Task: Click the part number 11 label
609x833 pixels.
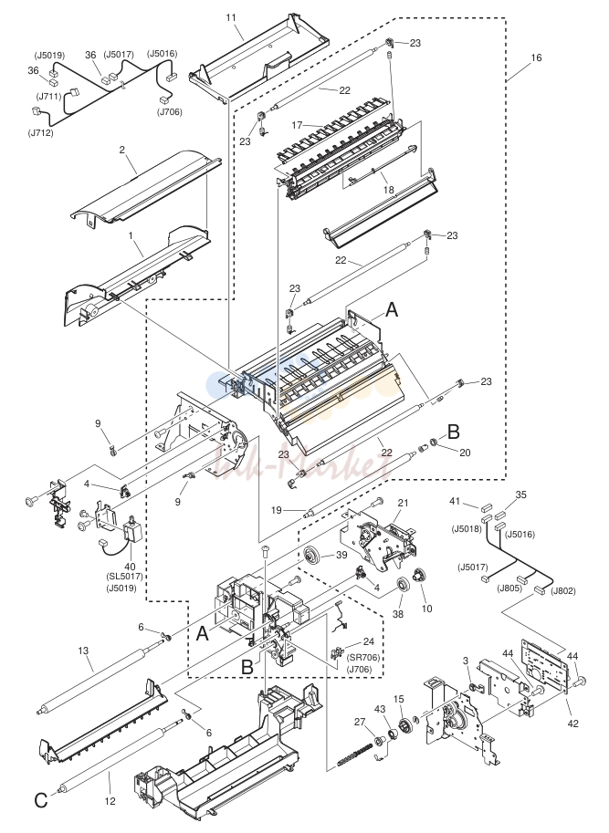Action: coord(231,17)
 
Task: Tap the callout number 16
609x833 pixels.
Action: coord(537,57)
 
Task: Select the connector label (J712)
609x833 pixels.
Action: coord(41,133)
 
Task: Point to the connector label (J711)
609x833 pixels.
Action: coord(49,96)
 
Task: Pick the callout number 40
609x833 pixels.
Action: coord(130,567)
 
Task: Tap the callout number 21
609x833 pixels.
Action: coord(403,503)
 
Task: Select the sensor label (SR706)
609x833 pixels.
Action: coord(364,658)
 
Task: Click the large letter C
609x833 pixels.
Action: coord(41,800)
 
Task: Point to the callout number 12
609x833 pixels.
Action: coord(110,801)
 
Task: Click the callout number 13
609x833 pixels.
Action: coord(83,651)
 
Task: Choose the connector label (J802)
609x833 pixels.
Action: coord(562,591)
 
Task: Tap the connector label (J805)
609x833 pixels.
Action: coord(509,588)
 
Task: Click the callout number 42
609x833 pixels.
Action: coord(573,723)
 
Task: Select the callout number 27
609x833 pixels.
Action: coord(361,721)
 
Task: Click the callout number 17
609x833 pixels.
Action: coord(297,125)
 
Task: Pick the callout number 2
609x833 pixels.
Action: coord(122,150)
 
